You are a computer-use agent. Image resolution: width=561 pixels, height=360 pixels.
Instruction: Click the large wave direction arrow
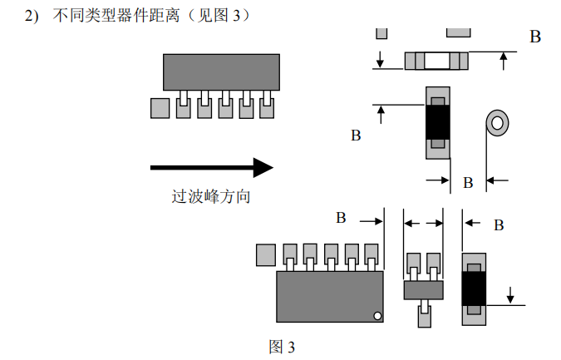(211, 167)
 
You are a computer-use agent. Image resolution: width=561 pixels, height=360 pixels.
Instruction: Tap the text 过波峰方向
(211, 196)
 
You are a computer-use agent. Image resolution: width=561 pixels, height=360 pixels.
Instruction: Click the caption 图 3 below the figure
(282, 347)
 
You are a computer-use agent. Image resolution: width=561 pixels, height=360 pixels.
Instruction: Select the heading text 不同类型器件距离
(116, 16)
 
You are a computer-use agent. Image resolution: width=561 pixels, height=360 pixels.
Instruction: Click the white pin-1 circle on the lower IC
(377, 316)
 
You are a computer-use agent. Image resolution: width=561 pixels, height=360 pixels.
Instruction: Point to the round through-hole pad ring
(498, 115)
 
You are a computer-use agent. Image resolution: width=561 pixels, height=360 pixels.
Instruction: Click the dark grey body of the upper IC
(221, 72)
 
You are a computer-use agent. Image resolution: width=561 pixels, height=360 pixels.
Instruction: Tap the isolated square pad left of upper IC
(160, 108)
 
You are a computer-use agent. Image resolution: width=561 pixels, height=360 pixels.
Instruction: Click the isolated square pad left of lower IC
(266, 254)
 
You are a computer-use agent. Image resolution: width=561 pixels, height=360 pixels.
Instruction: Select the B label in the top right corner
(535, 37)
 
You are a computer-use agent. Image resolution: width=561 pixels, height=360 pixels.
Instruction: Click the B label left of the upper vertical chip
(356, 136)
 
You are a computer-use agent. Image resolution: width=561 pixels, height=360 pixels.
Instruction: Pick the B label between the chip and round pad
(468, 183)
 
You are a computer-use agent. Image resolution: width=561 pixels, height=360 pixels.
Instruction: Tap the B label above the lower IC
(341, 218)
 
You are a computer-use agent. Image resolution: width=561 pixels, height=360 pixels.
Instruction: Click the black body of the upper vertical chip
(437, 122)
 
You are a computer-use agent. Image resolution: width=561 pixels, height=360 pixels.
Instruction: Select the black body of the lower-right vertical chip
(474, 288)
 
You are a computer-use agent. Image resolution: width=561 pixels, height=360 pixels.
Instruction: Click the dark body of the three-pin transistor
(424, 290)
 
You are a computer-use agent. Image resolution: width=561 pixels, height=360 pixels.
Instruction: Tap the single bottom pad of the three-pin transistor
(425, 317)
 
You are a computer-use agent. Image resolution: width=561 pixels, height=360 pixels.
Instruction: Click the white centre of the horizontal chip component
(436, 61)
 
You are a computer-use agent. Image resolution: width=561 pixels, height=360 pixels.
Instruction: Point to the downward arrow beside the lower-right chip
(510, 295)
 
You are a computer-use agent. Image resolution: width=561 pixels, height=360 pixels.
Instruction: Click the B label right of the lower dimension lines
(499, 225)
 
